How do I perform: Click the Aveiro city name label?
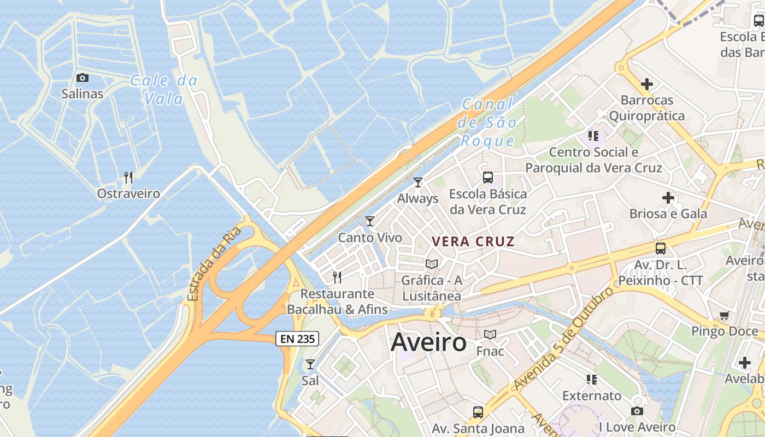pos(428,342)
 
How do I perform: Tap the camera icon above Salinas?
pos(83,78)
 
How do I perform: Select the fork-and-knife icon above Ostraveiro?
pos(128,177)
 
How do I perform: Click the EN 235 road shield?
pos(297,339)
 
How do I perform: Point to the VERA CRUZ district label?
pos(473,241)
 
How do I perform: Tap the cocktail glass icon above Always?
pos(418,182)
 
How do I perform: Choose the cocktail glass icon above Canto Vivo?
pos(370,221)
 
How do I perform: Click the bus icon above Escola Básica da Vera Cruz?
pos(487,178)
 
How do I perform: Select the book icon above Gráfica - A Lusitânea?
pos(432,264)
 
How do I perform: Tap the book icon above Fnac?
pos(490,334)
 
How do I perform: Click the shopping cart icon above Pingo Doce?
pos(725,315)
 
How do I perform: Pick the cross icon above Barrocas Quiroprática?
pos(647,84)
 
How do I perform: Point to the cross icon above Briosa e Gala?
pos(668,198)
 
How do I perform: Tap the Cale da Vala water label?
pos(164,90)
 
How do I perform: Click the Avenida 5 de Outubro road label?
pos(563,340)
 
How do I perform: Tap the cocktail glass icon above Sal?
pos(310,364)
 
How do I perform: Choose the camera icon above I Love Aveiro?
pos(637,411)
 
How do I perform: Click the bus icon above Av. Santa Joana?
pos(478,412)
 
